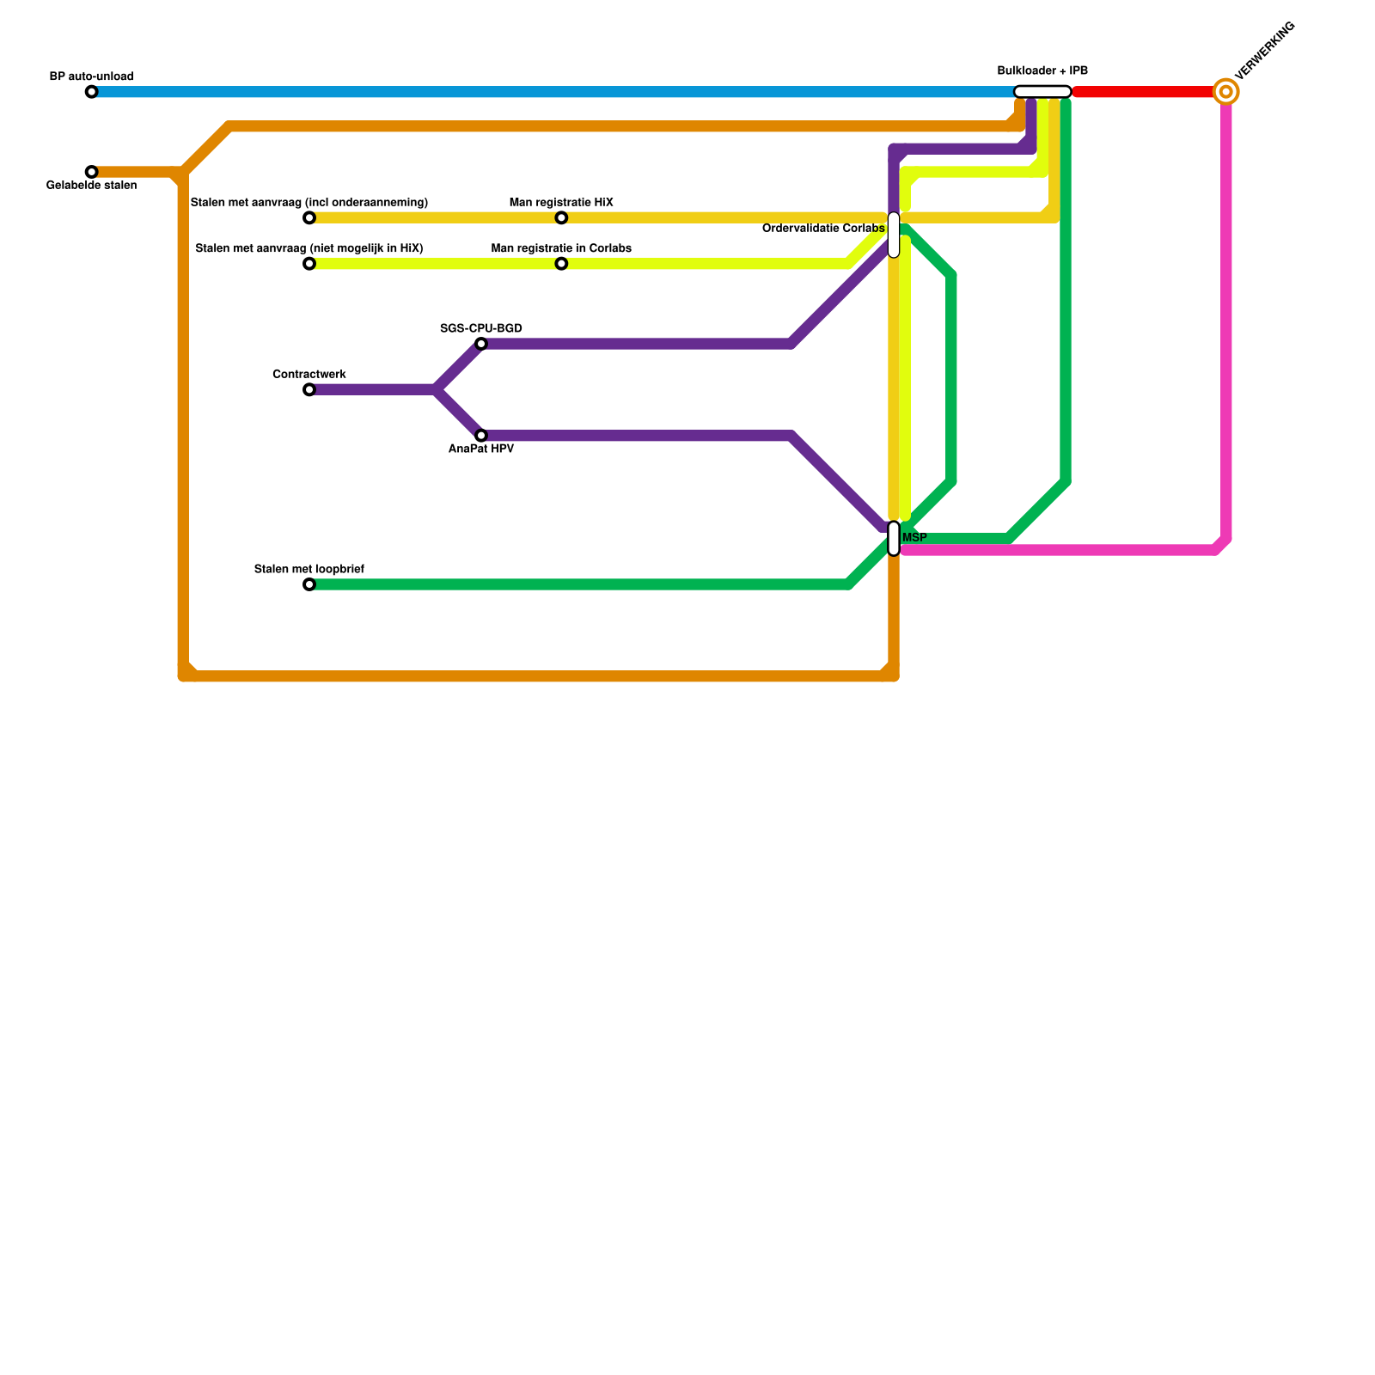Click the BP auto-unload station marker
pyautogui.click(x=92, y=92)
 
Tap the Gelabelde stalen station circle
pyautogui.click(x=92, y=172)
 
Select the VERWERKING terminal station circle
pyautogui.click(x=1226, y=92)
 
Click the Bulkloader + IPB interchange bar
pyautogui.click(x=1042, y=92)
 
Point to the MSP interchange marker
pyautogui.click(x=894, y=538)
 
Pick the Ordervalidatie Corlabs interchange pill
pyautogui.click(x=894, y=235)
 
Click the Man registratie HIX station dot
pyautogui.click(x=561, y=218)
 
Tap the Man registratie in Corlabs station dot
pyautogui.click(x=561, y=264)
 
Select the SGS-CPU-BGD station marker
pyautogui.click(x=481, y=345)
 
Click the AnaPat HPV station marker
pyautogui.click(x=481, y=436)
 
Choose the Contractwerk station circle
pyautogui.click(x=309, y=390)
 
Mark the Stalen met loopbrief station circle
pyautogui.click(x=309, y=585)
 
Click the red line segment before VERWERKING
pyautogui.click(x=1143, y=92)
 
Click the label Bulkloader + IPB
pyautogui.click(x=1042, y=70)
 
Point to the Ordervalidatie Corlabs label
pyautogui.click(x=822, y=229)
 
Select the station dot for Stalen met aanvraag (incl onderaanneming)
pyautogui.click(x=309, y=218)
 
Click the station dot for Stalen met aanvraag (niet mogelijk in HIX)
pyautogui.click(x=309, y=264)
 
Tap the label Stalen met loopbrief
pyautogui.click(x=309, y=569)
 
